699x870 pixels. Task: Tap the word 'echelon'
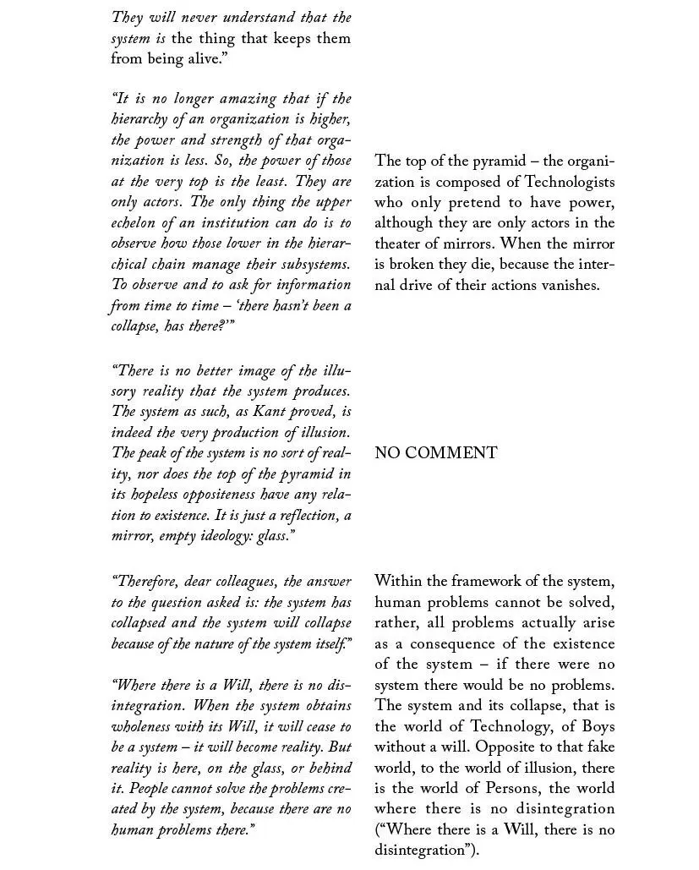click(x=136, y=223)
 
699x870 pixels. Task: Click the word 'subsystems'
click(x=309, y=265)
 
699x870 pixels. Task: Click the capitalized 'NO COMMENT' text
click(x=435, y=453)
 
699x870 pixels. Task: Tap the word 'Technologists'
click(x=569, y=182)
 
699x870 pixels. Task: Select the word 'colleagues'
click(x=237, y=582)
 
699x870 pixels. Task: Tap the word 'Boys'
click(x=598, y=727)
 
